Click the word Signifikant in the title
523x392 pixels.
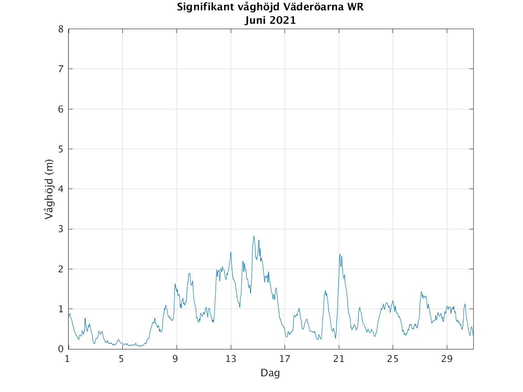point(202,8)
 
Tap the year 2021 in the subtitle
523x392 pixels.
point(282,20)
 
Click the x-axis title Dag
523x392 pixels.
point(270,373)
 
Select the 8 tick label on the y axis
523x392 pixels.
point(60,29)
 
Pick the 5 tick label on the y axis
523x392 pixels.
point(60,149)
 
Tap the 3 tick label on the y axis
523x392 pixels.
point(60,229)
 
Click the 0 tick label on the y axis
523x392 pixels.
point(60,349)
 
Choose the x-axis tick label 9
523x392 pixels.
point(177,359)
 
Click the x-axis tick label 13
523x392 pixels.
point(230,359)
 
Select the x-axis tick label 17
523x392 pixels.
point(285,359)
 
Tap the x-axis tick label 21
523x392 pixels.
point(339,359)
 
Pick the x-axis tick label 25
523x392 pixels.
point(393,359)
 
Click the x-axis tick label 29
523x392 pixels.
point(447,359)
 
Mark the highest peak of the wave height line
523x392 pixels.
point(254,236)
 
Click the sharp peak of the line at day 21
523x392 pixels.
point(340,254)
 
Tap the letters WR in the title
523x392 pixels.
point(349,8)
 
